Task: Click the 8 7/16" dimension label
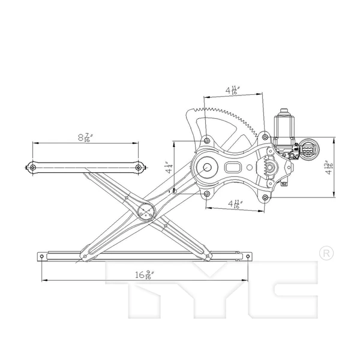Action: [83, 137]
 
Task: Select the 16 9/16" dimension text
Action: [143, 275]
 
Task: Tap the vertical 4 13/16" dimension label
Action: [328, 167]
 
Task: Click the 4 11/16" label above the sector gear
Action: [233, 90]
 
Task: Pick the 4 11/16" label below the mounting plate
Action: [233, 203]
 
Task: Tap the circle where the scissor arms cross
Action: [146, 211]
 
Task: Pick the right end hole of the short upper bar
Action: [139, 167]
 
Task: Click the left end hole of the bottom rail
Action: [42, 256]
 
